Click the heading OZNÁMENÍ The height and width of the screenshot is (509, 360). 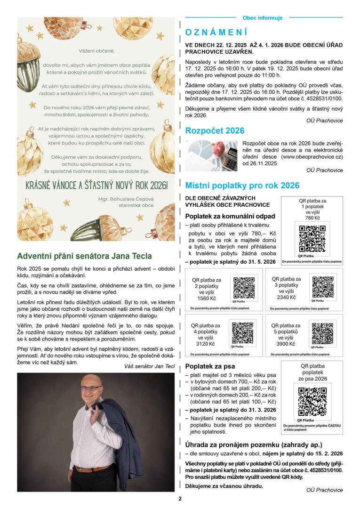coord(216,32)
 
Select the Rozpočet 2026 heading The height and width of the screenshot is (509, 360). coord(215,130)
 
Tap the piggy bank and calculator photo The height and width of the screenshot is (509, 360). coord(211,156)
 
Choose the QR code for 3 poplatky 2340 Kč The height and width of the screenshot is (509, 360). coord(322,287)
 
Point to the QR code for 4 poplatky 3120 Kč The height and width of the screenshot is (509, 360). coord(242,333)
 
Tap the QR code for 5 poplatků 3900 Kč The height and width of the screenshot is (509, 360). coord(322,333)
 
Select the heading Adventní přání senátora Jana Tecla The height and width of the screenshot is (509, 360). coord(84,256)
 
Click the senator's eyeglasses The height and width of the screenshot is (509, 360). coord(90,389)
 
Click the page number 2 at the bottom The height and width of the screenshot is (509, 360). coord(180,499)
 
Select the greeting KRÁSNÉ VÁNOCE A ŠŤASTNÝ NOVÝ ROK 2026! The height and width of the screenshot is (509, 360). coord(96,184)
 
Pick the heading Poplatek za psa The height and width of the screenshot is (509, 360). coord(210,366)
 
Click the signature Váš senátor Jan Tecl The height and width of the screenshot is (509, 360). coord(149,366)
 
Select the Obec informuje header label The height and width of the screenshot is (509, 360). coord(263,18)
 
